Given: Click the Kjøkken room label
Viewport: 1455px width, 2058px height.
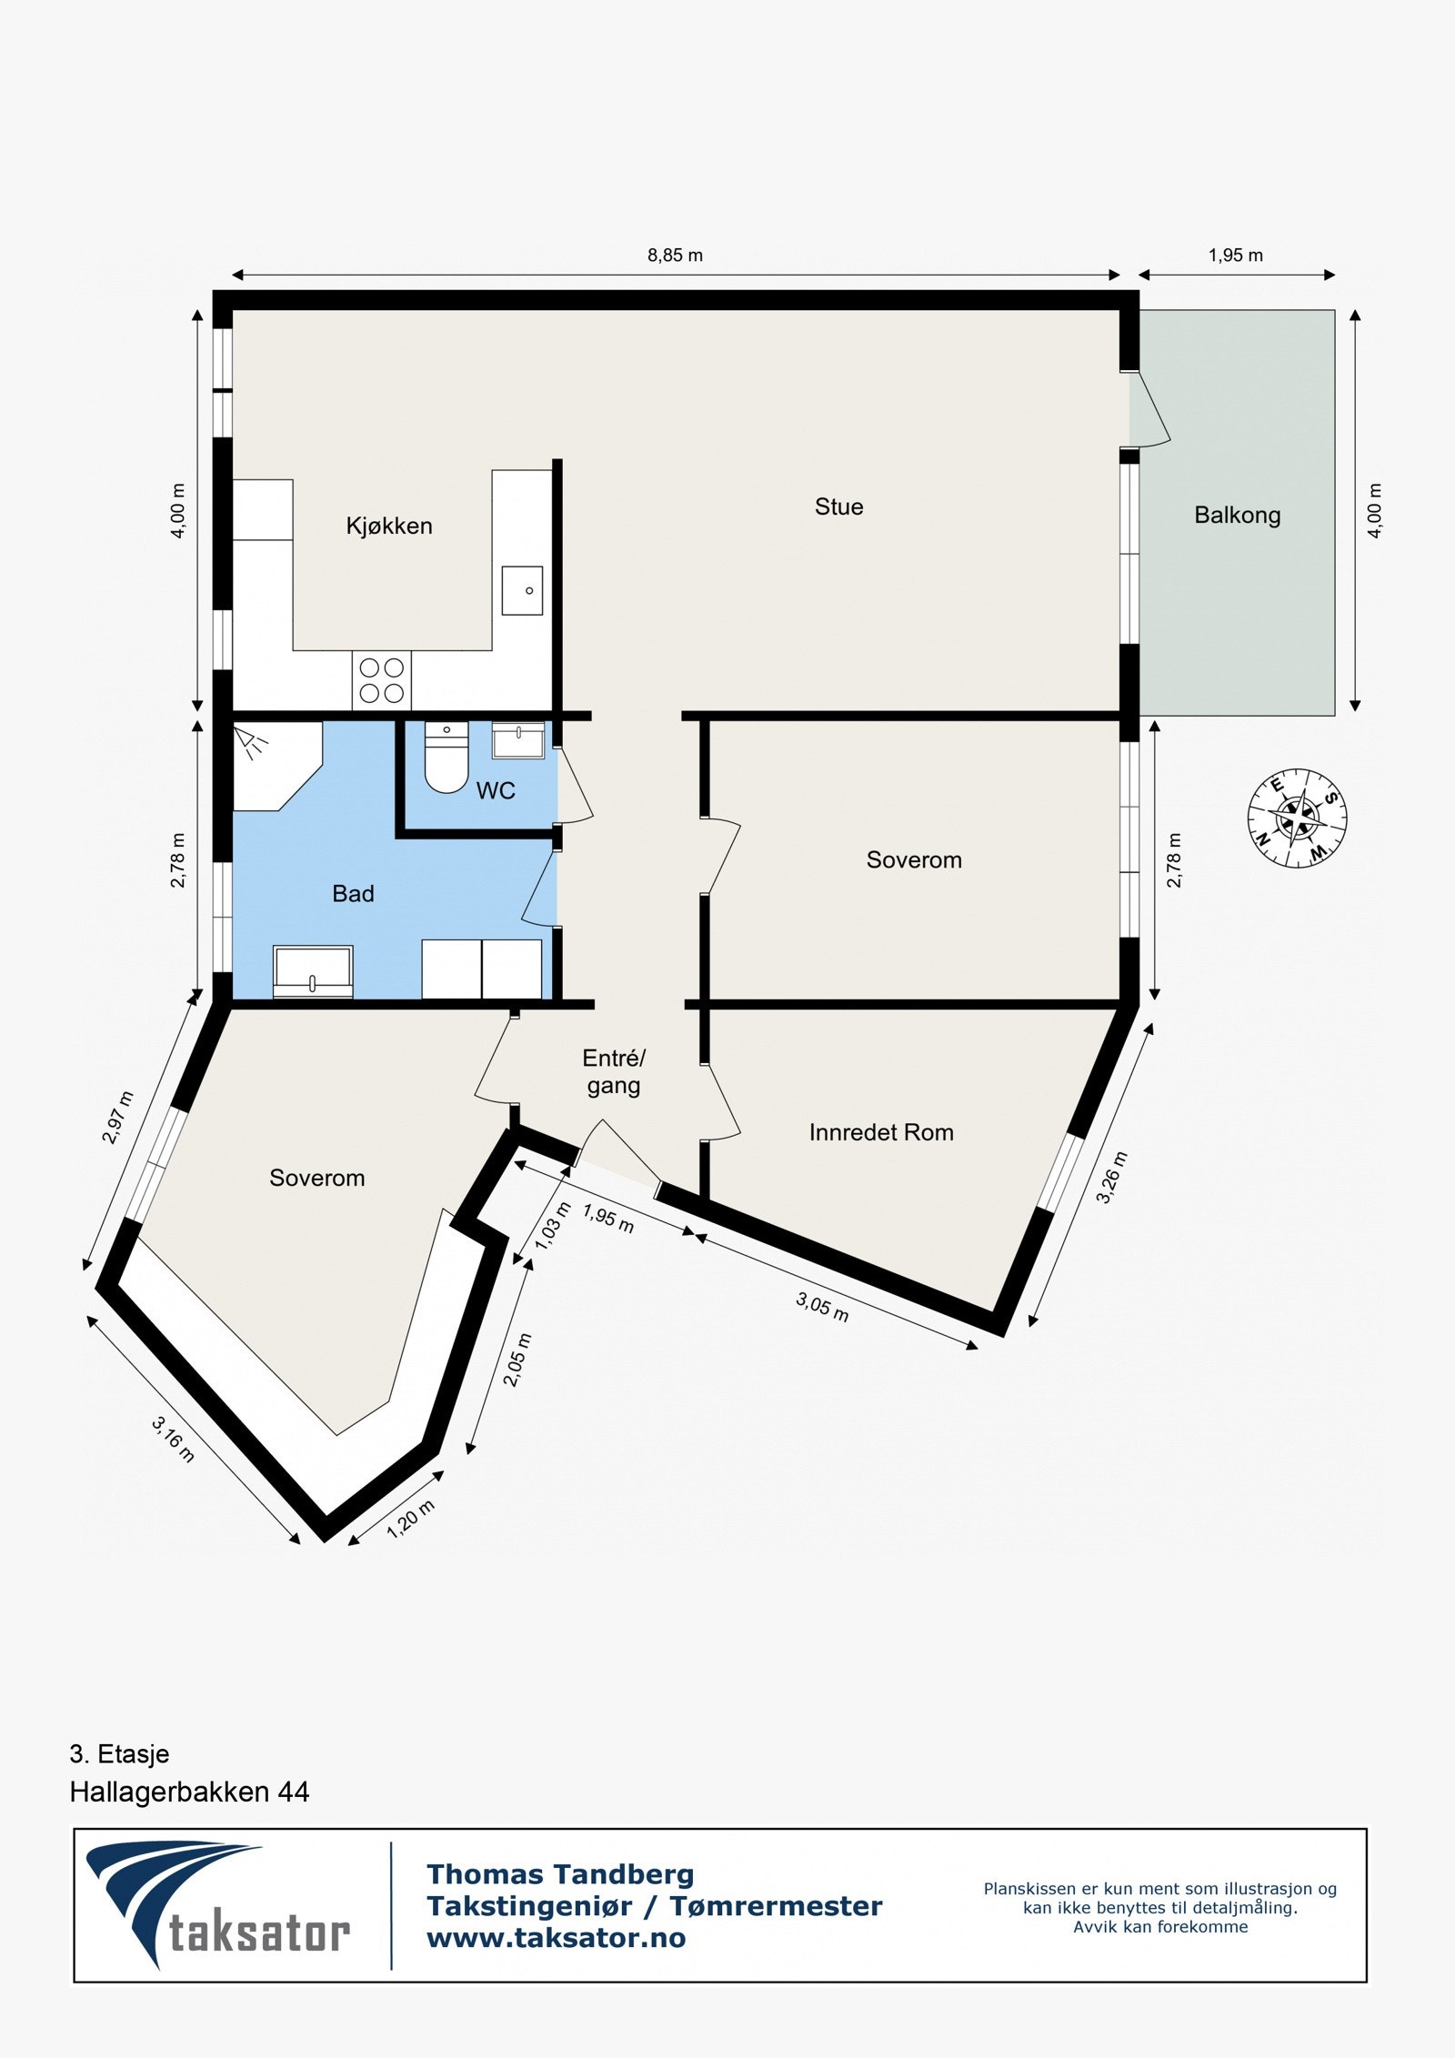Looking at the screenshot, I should click(x=388, y=526).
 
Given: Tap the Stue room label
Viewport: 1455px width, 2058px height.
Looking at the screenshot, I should click(x=838, y=507).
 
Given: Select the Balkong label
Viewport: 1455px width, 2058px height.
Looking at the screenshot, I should click(x=1237, y=515).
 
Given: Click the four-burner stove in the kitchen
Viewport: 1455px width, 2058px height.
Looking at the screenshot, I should click(x=382, y=680).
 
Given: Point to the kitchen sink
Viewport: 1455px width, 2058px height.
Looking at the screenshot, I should click(x=523, y=589).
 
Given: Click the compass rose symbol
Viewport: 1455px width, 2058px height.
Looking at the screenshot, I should click(x=1297, y=818).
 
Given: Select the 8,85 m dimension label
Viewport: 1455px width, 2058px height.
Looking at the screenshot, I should click(x=675, y=256).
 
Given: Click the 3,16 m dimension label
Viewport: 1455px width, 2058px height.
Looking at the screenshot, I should click(x=173, y=1440).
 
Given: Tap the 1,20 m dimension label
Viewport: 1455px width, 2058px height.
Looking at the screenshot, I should click(x=411, y=1519).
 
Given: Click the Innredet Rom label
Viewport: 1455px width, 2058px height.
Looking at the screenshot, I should click(x=881, y=1132).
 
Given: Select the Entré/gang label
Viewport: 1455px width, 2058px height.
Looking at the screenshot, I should click(x=614, y=1071).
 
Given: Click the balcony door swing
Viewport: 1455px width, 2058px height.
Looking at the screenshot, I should click(x=1150, y=409).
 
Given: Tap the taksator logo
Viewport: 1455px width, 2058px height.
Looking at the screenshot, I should click(x=218, y=1904).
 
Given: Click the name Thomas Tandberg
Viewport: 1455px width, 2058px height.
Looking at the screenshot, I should click(x=560, y=1874).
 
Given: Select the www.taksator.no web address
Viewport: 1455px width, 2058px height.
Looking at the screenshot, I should click(x=557, y=1938).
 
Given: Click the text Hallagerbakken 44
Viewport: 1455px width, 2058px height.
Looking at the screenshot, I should click(x=189, y=1792).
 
